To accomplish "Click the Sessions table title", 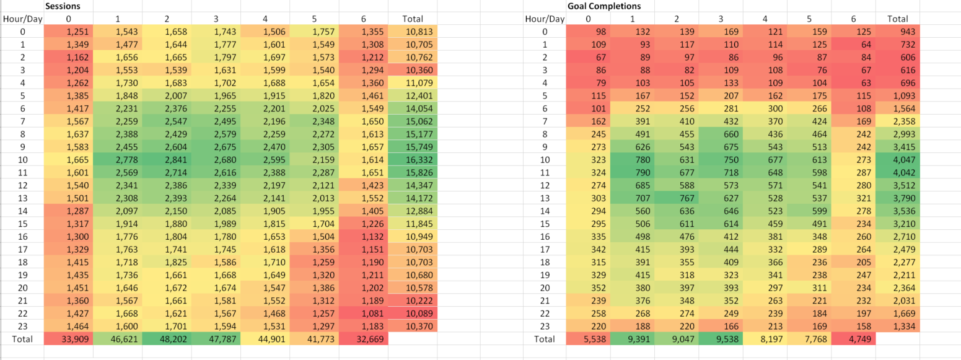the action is (63, 6).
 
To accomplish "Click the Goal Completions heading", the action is (604, 6).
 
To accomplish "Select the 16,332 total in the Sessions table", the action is (419, 160).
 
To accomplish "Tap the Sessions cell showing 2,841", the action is (175, 160).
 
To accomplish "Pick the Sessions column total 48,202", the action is (173, 339).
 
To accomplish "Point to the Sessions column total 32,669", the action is (370, 339).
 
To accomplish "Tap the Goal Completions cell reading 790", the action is (643, 173).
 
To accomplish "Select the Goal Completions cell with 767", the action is (687, 198).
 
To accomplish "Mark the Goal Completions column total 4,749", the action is (859, 339).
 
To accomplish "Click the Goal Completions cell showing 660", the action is (731, 134).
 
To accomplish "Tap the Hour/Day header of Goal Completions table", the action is (545, 19).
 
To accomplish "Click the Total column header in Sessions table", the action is (413, 19).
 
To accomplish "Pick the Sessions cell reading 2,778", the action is (126, 160).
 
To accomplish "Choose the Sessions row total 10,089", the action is (419, 314).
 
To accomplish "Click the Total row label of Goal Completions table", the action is (545, 339).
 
